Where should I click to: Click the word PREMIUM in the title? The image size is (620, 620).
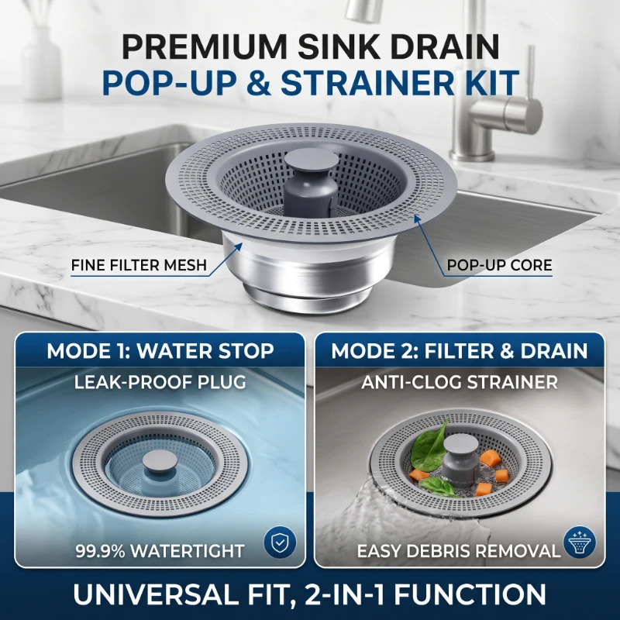coord(204,46)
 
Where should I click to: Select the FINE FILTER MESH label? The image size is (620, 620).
coord(139,265)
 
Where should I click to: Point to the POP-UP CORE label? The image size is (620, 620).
coord(499,265)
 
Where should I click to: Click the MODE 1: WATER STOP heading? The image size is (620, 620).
coord(160,351)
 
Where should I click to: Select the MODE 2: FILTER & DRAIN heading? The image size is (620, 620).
coord(460,351)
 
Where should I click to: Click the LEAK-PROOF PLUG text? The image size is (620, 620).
coord(160,382)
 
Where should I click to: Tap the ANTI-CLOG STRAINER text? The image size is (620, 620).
coord(460,382)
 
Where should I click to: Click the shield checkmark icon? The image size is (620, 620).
coord(280,542)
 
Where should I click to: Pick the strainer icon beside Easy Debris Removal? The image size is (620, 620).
coord(579,542)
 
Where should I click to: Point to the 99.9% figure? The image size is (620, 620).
coord(100,551)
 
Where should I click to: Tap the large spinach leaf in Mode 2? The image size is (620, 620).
coord(430,447)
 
